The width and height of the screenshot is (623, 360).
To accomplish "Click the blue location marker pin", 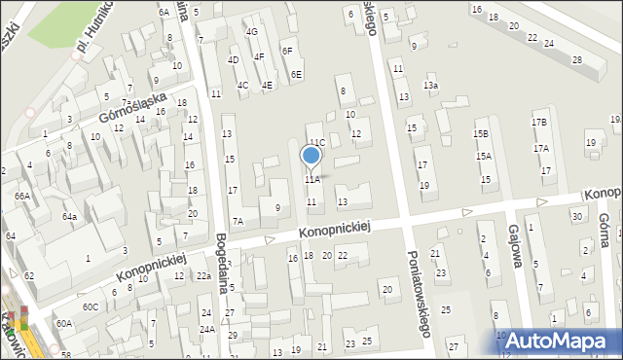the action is point(311,156).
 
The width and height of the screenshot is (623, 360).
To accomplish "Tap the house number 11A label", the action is point(311,180).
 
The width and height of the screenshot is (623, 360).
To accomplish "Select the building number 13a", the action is point(430,86).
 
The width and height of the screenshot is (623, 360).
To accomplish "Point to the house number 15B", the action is point(481,133).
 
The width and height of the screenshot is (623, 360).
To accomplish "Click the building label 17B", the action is point(539,123).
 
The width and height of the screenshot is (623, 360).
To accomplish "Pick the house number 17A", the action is point(541,148).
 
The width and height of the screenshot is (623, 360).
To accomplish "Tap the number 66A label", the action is point(21,196).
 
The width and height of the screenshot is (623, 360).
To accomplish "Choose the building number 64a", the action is point(70,216).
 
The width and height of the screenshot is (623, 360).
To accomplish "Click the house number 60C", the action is point(90,307).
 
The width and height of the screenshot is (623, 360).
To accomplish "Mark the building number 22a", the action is point(202,276).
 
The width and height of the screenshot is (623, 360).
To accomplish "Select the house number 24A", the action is point(207,329).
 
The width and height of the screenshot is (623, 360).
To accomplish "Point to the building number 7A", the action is point(238,222).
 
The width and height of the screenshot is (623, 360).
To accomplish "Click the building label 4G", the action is point(251,32).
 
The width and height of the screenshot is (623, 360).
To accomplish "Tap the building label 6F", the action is point(287,51).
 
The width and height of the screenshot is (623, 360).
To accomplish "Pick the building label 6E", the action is point(296,74).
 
